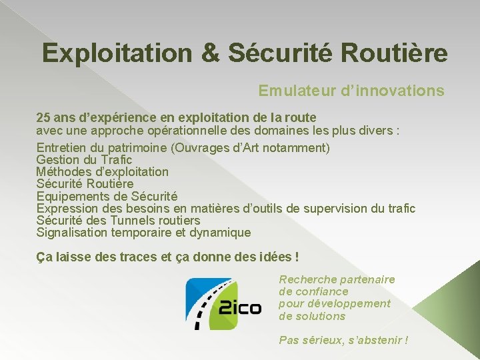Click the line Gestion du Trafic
pos(84,160)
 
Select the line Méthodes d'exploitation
pos(102,172)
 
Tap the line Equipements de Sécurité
pos(107,197)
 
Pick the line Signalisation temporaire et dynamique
pos(143,233)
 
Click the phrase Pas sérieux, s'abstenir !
pos(343,340)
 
